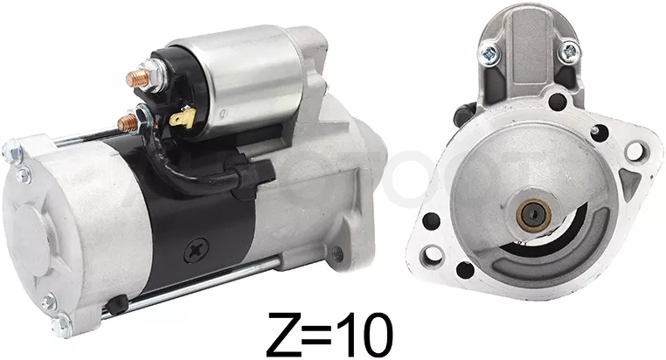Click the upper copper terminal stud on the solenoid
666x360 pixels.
(137, 78)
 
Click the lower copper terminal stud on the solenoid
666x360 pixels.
(128, 122)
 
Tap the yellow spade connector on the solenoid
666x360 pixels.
(183, 118)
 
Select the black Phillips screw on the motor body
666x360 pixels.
(197, 250)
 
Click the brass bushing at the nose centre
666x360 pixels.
(533, 215)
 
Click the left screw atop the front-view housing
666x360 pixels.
(489, 53)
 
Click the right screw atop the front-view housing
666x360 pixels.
(568, 52)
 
